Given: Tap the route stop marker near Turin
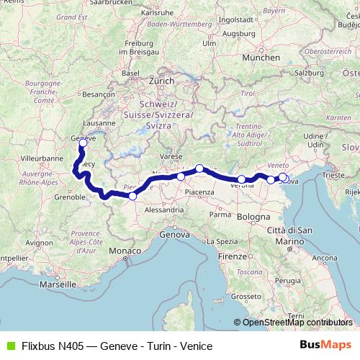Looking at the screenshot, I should pos(132,196).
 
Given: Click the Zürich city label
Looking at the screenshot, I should pos(161,81).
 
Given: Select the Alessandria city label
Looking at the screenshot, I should pos(163,210).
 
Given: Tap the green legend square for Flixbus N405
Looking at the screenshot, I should pos(9,345).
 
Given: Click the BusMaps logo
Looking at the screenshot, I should pos(325,344).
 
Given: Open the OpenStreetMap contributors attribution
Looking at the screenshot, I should pos(297,323).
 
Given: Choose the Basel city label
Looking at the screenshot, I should pos(130,73).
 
